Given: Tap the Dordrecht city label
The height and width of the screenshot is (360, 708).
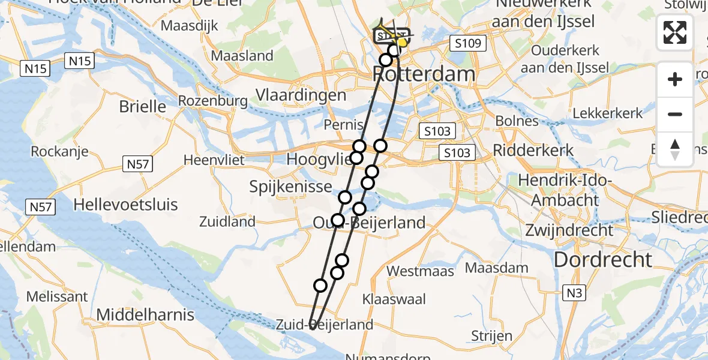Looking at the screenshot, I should click(602, 260).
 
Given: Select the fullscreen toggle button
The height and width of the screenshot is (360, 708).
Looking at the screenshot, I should click(675, 32).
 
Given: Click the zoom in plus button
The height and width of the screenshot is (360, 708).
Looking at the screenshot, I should click(675, 79).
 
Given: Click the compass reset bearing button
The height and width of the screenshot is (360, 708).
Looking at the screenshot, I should click(675, 149).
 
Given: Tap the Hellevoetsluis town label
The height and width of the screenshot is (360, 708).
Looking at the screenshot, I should click(125, 205).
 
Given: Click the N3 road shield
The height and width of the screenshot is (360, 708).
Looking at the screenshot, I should click(574, 293).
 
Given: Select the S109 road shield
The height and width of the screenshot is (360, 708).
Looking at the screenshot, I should click(467, 43).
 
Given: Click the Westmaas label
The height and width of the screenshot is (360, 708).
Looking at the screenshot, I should click(420, 271).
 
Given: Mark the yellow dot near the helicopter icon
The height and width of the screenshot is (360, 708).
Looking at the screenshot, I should click(402, 43).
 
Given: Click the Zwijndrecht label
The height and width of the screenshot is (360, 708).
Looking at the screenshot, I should click(569, 230).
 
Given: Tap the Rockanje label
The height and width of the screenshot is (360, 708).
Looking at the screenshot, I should click(59, 151).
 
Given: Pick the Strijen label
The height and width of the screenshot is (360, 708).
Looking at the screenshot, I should click(491, 335).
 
